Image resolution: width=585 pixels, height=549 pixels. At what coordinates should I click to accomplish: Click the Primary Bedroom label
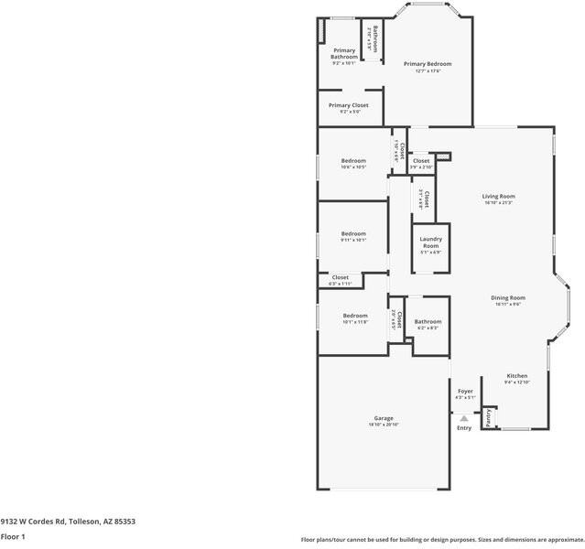point(428,64)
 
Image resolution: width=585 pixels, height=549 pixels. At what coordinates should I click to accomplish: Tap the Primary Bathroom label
point(344,54)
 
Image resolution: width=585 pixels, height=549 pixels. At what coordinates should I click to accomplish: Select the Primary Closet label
point(348,105)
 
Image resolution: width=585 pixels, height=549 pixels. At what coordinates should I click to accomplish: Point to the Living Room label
point(499,197)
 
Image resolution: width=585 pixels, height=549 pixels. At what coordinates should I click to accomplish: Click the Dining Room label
point(507,297)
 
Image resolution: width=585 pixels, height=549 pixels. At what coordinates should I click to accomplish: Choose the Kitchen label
point(517,376)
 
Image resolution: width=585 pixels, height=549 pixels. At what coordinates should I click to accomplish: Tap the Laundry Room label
point(430,242)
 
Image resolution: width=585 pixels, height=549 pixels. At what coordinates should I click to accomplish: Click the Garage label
point(383,418)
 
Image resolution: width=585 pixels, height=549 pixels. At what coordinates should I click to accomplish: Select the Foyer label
point(465,391)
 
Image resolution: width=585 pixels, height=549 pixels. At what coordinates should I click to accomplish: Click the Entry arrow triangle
point(464,417)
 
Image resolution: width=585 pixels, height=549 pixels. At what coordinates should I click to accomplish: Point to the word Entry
point(464,427)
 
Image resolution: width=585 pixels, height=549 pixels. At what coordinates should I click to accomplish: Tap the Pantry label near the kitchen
point(489,419)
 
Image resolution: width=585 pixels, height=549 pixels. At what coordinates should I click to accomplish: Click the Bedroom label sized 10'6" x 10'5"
point(353,161)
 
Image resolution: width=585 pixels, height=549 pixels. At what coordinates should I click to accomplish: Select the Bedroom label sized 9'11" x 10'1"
point(353,233)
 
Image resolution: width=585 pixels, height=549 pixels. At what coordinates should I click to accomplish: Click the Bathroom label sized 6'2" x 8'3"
point(428,322)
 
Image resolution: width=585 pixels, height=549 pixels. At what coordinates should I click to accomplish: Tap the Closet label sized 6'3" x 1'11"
point(340,277)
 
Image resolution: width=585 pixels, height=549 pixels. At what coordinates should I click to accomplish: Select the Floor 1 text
point(13,537)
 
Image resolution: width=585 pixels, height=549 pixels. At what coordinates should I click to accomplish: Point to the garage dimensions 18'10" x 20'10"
point(383,425)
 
